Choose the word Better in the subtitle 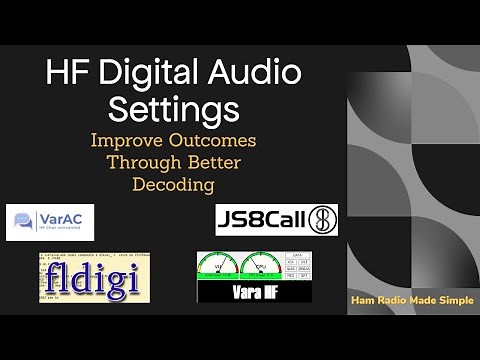click(211, 163)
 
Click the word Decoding click(173, 185)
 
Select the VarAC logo click(50, 222)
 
